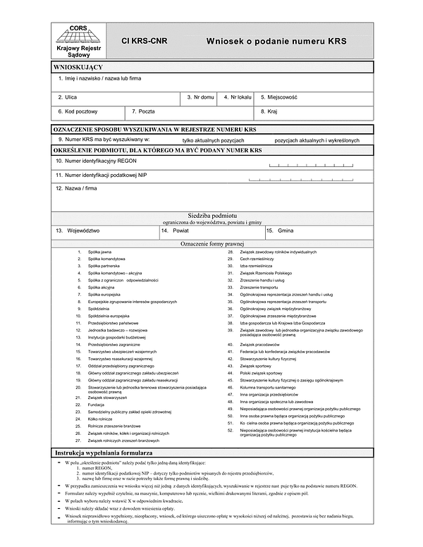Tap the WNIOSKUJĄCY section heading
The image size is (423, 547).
click(79, 66)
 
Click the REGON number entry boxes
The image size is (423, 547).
click(317, 164)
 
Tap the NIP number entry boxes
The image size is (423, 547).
click(317, 176)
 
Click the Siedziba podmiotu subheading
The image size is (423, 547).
click(212, 214)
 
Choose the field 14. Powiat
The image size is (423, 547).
click(211, 231)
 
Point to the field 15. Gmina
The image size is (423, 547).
click(317, 231)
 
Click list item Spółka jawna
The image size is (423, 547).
click(99, 252)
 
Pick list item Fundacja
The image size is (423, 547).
click(97, 405)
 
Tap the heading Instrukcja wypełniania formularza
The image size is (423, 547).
click(104, 451)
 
